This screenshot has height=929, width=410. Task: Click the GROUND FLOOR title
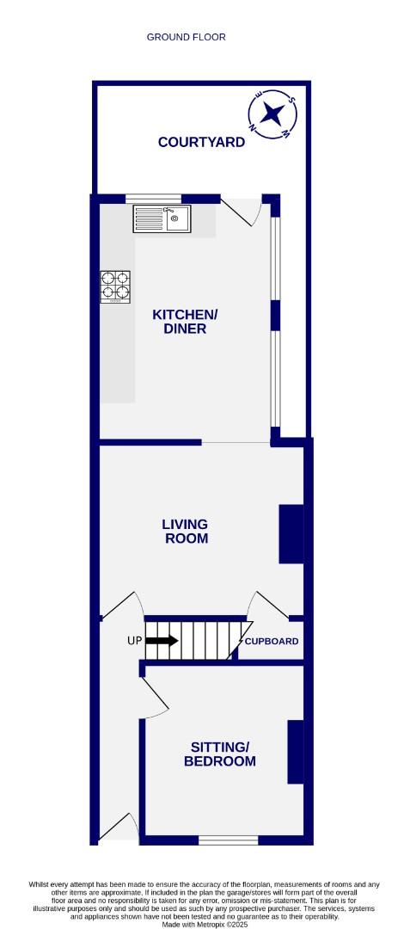click(x=186, y=37)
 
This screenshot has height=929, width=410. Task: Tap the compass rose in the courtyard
click(x=274, y=114)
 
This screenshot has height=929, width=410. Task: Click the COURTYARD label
click(x=201, y=142)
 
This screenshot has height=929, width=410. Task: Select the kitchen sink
click(x=162, y=219)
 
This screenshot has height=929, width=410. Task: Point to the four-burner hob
click(x=117, y=287)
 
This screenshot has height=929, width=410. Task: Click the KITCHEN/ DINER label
click(x=185, y=322)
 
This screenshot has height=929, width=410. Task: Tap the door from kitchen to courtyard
click(x=241, y=211)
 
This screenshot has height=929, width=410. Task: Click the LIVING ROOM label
click(x=185, y=532)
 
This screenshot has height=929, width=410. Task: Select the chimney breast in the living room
click(x=291, y=533)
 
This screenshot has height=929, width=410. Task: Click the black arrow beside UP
click(x=162, y=641)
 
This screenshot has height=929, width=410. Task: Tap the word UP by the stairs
click(x=134, y=642)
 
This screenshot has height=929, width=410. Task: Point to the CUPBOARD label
click(x=272, y=642)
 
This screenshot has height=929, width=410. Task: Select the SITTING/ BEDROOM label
click(x=222, y=754)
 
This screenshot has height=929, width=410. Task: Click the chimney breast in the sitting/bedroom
click(x=295, y=752)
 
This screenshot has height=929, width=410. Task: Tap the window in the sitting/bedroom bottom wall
click(x=228, y=840)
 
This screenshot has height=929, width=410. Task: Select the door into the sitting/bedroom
click(x=154, y=697)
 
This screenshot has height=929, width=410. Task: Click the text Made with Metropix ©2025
click(x=205, y=925)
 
